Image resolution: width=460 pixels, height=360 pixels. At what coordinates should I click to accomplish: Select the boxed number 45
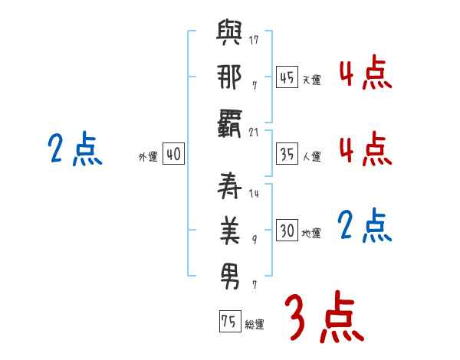[x=287, y=77]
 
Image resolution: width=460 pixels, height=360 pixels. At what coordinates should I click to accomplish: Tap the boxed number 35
[x=287, y=154]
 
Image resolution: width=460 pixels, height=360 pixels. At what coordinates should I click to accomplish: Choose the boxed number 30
[x=287, y=231]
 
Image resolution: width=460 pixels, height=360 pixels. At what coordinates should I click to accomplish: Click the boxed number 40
[x=173, y=154]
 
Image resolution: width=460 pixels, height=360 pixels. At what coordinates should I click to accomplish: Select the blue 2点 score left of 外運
[x=74, y=150]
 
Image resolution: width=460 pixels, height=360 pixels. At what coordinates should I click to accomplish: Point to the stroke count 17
[x=254, y=39]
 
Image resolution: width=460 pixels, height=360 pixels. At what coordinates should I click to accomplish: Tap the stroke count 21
[x=254, y=132]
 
